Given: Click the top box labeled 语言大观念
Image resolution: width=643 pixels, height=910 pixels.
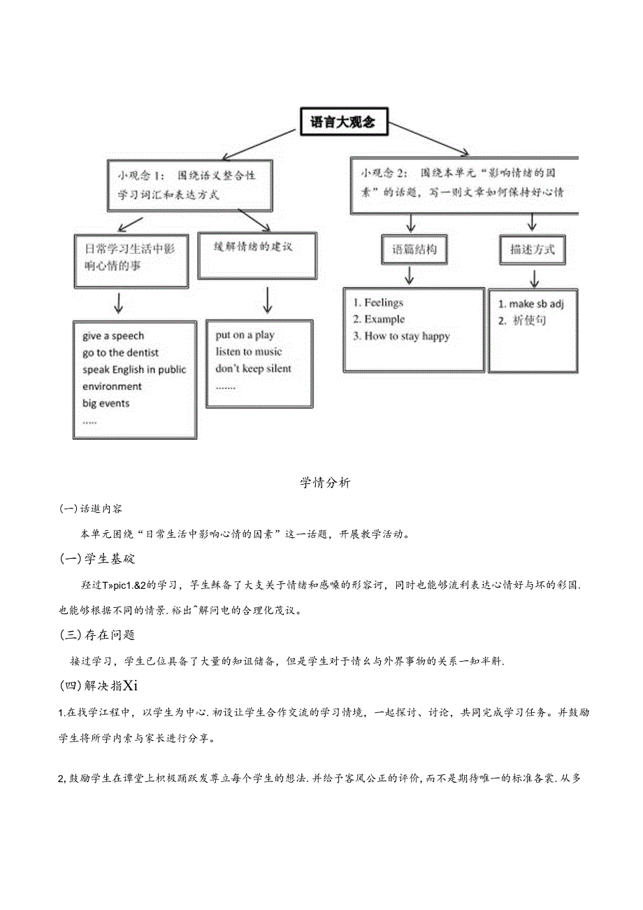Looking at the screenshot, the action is (x=342, y=122).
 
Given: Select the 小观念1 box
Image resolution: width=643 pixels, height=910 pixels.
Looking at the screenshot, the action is (x=189, y=185).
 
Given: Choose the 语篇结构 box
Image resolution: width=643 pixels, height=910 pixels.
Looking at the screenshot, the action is (x=414, y=249).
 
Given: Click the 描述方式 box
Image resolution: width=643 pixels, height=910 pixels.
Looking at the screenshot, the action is (x=533, y=249).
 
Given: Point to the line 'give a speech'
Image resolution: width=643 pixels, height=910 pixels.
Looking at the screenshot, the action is (x=113, y=336).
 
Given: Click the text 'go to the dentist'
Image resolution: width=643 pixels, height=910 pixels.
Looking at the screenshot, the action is (x=120, y=353).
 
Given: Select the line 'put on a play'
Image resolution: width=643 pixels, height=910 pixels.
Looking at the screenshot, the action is (x=245, y=335).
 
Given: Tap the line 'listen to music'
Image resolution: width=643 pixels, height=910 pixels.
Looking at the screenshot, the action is (x=249, y=352).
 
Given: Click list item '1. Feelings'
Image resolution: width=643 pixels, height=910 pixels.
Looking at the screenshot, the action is (x=378, y=303).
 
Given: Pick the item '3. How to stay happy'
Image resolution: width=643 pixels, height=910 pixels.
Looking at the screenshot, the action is (x=401, y=336).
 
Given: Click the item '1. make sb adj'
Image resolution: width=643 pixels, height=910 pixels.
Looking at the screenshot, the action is (x=530, y=304).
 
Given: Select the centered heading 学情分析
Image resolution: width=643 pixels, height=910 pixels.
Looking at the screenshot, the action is (x=325, y=483).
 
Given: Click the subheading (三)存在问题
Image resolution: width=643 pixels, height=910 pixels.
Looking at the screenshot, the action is (x=98, y=634).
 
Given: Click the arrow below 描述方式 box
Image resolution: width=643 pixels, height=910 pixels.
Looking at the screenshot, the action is (x=534, y=279).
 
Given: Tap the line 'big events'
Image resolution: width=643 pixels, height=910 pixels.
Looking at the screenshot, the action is (x=106, y=404).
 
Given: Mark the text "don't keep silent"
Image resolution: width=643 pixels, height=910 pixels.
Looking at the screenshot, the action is (x=253, y=369).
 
